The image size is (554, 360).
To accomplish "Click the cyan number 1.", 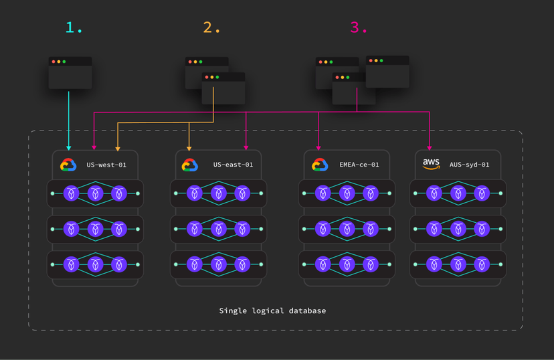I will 74,28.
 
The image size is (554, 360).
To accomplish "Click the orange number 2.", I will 211,28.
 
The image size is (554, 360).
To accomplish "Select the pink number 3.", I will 359,28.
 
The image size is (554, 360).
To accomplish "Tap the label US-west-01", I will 106,165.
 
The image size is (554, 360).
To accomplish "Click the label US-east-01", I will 233,165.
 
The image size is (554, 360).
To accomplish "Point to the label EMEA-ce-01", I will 360,165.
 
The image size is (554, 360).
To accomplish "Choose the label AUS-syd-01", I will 470,165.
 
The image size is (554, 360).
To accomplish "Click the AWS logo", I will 431,164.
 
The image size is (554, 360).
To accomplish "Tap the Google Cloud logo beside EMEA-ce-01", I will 318,165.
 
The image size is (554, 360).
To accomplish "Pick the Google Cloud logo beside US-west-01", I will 68,165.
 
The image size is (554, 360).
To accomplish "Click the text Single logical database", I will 272,310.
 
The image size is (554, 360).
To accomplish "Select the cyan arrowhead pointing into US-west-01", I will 69,147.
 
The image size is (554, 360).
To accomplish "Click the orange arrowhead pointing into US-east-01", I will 189,147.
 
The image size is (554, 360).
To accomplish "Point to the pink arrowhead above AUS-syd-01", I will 430,147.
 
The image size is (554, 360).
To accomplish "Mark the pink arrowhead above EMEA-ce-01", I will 318,147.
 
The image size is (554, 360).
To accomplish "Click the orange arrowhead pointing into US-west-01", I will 118,147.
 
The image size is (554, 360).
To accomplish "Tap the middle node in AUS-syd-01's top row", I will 458,193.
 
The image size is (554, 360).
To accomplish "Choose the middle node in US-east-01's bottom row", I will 217,264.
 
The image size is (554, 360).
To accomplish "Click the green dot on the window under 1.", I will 66,62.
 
